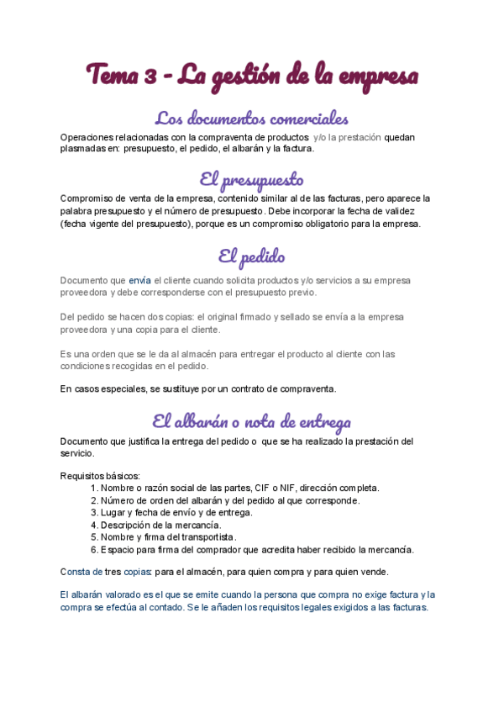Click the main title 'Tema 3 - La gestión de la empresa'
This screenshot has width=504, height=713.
(x=252, y=75)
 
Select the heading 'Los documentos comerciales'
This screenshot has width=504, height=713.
(x=252, y=118)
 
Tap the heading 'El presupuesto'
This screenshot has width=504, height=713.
(x=252, y=179)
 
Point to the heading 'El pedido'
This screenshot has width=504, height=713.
(x=252, y=256)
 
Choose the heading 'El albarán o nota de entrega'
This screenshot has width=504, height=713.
(x=252, y=421)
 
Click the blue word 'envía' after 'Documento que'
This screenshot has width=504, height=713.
(x=139, y=280)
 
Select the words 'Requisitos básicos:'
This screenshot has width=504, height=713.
(x=101, y=475)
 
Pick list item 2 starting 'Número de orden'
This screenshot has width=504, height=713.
(x=218, y=500)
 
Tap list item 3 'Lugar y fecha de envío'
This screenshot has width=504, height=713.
(x=176, y=512)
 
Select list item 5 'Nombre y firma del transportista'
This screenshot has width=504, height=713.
(x=168, y=537)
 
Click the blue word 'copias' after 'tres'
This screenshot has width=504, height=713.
(x=138, y=572)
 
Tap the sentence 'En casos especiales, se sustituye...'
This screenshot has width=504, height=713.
(x=198, y=388)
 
